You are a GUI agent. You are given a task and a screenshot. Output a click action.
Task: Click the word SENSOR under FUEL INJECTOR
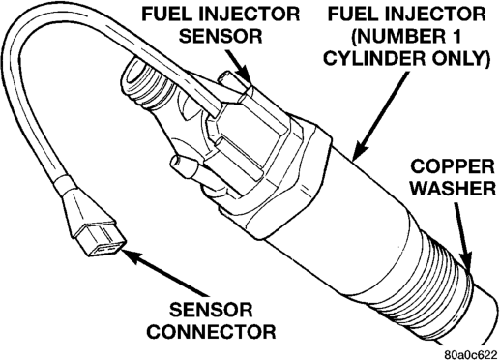pyautogui.click(x=221, y=36)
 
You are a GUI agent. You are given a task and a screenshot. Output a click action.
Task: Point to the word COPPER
pyautogui.click(x=452, y=166)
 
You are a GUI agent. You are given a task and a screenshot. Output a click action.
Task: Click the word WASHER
pyautogui.click(x=454, y=188)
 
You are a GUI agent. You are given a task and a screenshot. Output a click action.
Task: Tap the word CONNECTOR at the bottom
pyautogui.click(x=212, y=331)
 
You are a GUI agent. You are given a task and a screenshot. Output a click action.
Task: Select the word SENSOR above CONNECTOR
pyautogui.click(x=211, y=310)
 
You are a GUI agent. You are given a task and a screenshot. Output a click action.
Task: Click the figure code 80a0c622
pyautogui.click(x=470, y=355)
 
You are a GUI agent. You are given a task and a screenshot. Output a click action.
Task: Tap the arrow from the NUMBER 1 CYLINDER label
pyautogui.click(x=380, y=115)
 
